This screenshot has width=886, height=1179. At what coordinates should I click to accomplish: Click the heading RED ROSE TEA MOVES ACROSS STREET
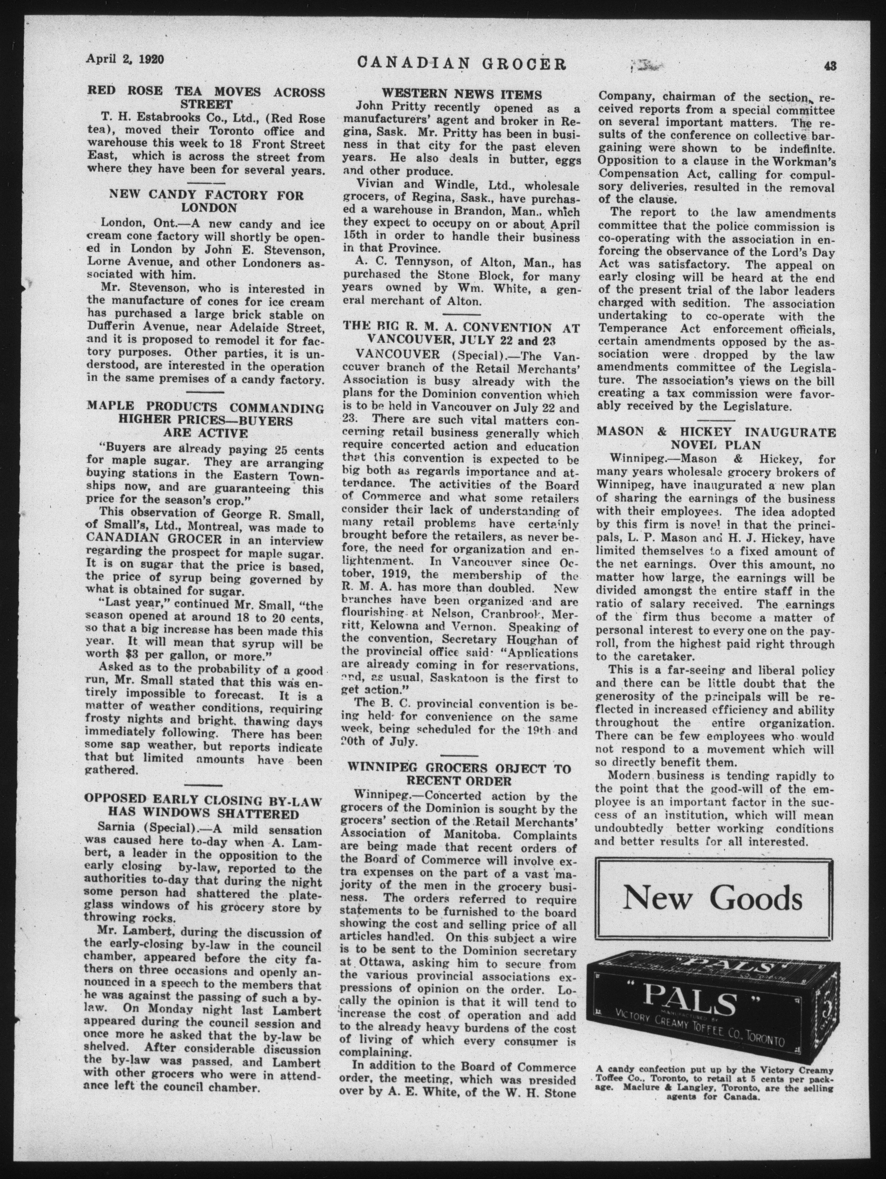click(x=206, y=97)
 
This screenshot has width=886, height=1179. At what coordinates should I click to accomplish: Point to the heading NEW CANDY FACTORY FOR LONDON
click(x=206, y=201)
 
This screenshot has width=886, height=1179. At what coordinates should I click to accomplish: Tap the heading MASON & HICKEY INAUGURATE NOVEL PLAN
click(x=715, y=438)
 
